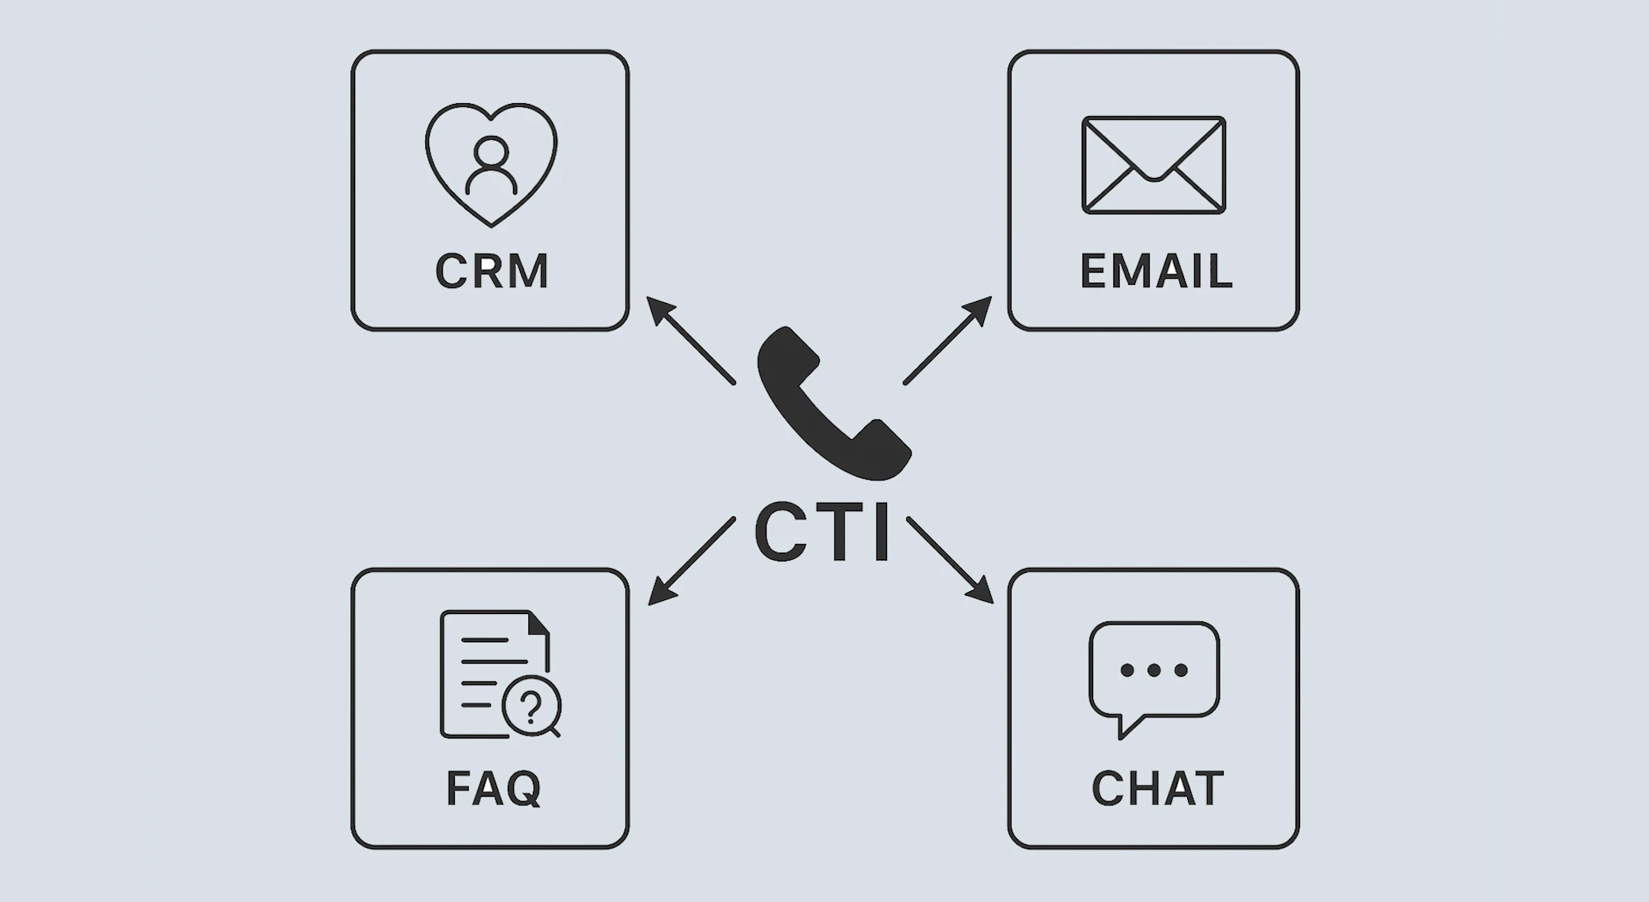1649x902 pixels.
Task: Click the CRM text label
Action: tap(492, 270)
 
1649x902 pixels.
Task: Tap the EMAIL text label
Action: tap(1156, 270)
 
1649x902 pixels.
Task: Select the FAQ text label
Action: tap(494, 788)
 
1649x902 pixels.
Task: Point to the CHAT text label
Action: tap(1157, 788)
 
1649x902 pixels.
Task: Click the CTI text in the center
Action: tap(822, 532)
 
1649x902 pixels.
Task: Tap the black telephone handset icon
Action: tap(833, 403)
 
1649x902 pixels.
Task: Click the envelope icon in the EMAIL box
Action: tap(1154, 165)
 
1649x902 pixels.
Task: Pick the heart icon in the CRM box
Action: tap(491, 165)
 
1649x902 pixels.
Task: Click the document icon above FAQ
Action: tap(495, 674)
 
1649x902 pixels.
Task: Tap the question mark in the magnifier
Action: tap(531, 706)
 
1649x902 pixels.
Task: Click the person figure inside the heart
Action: tap(491, 165)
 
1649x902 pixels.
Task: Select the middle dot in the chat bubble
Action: tap(1154, 670)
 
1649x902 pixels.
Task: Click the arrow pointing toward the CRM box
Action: tap(691, 340)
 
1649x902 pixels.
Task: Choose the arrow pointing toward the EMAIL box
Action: tap(947, 340)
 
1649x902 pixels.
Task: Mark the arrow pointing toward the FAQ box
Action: tap(692, 561)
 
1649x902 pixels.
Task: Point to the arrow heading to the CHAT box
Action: tap(950, 560)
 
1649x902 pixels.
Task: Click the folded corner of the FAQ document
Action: tap(538, 623)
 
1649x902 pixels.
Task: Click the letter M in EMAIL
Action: tap(1133, 270)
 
